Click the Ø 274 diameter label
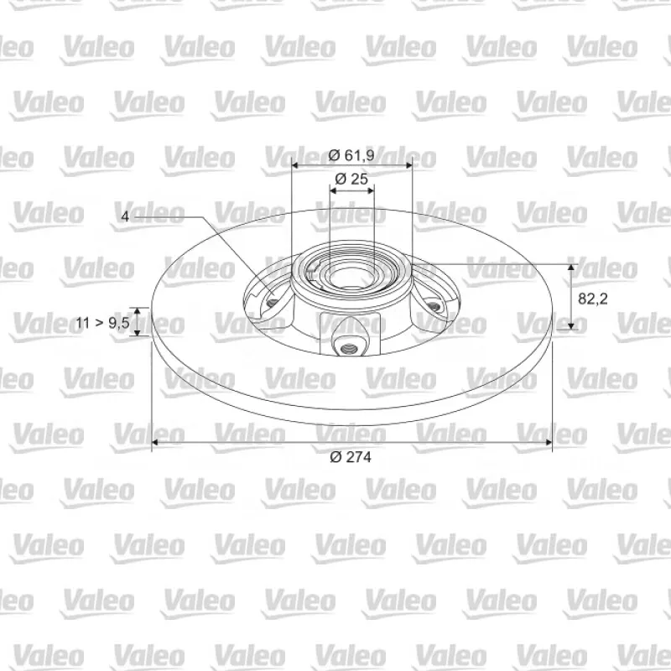tap(351, 457)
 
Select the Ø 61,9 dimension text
tap(351, 155)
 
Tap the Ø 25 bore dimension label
tap(351, 179)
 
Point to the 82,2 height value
tap(593, 299)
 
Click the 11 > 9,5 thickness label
tap(102, 323)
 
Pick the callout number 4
tap(125, 216)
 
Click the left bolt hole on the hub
tap(271, 303)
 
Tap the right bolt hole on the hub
tap(434, 306)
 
